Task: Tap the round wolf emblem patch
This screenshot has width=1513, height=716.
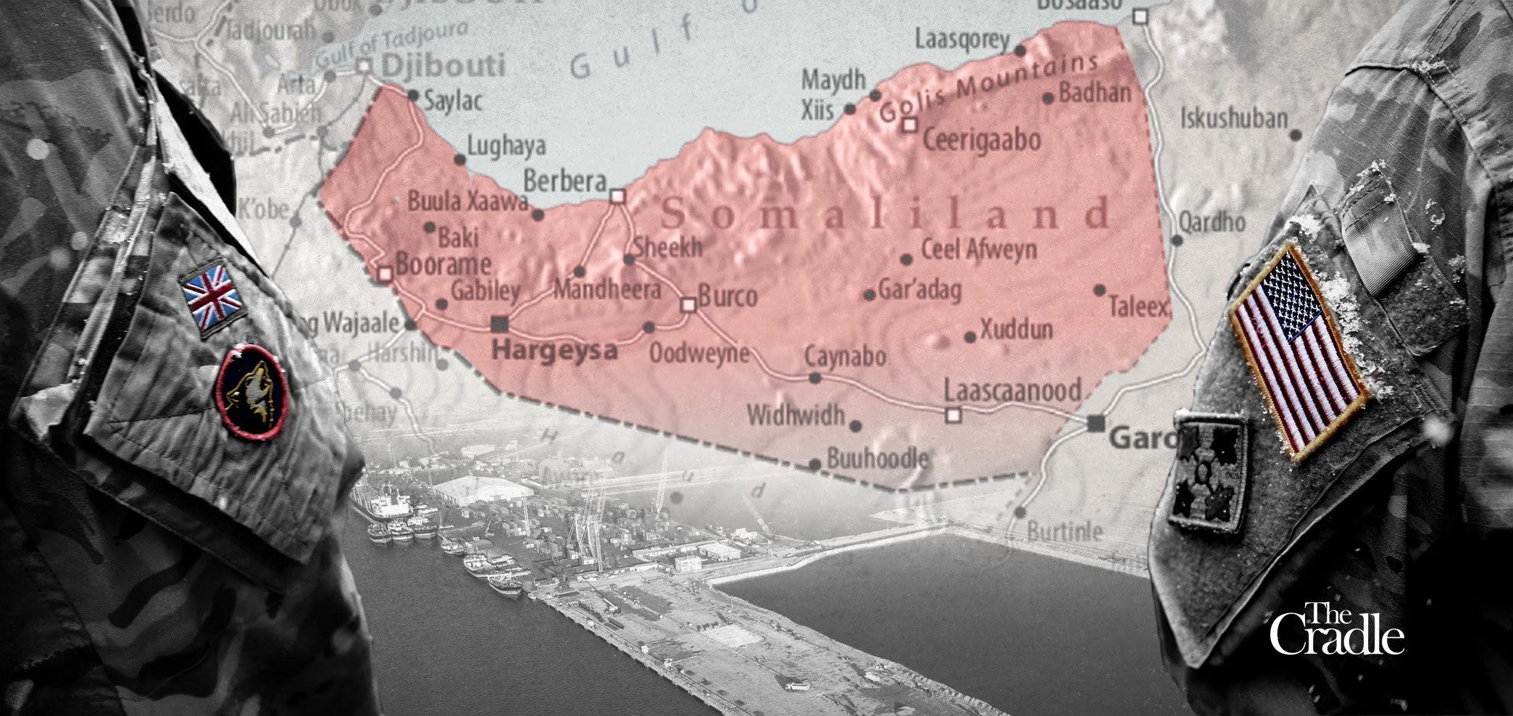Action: click(x=251, y=392)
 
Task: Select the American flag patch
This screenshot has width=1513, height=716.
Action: click(x=1299, y=351)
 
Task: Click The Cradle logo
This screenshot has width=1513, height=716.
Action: click(x=1336, y=631)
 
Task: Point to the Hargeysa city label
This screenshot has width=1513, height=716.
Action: click(x=554, y=351)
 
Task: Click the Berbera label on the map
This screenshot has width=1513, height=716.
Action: click(x=564, y=180)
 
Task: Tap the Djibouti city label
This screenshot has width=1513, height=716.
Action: click(x=442, y=66)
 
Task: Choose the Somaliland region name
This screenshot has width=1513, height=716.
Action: click(x=885, y=214)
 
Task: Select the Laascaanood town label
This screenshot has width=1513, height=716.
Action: click(x=1012, y=391)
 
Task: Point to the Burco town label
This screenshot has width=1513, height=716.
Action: click(x=728, y=296)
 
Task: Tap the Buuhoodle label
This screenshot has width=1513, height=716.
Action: click(x=877, y=459)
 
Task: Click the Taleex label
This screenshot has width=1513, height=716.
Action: click(x=1138, y=307)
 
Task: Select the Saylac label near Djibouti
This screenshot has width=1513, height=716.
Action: click(x=453, y=101)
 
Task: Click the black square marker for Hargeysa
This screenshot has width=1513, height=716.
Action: click(x=499, y=322)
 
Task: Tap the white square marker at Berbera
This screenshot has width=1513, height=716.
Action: click(x=617, y=196)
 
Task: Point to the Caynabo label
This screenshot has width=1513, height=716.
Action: click(x=845, y=357)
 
